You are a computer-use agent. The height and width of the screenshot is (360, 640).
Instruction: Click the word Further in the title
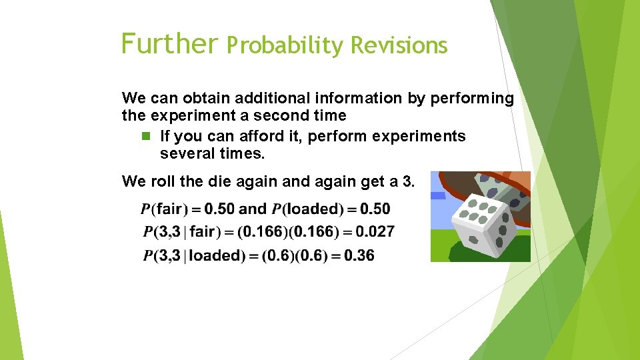coord(169,43)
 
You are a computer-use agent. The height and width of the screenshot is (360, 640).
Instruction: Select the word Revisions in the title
coord(399,45)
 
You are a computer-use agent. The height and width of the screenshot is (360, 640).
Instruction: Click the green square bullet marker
coord(147,137)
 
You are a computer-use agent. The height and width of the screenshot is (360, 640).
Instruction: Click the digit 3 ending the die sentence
coord(407,181)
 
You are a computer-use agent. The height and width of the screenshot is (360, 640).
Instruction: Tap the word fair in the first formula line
coord(169,209)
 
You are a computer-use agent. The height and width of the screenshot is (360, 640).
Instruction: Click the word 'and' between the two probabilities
coord(252,209)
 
